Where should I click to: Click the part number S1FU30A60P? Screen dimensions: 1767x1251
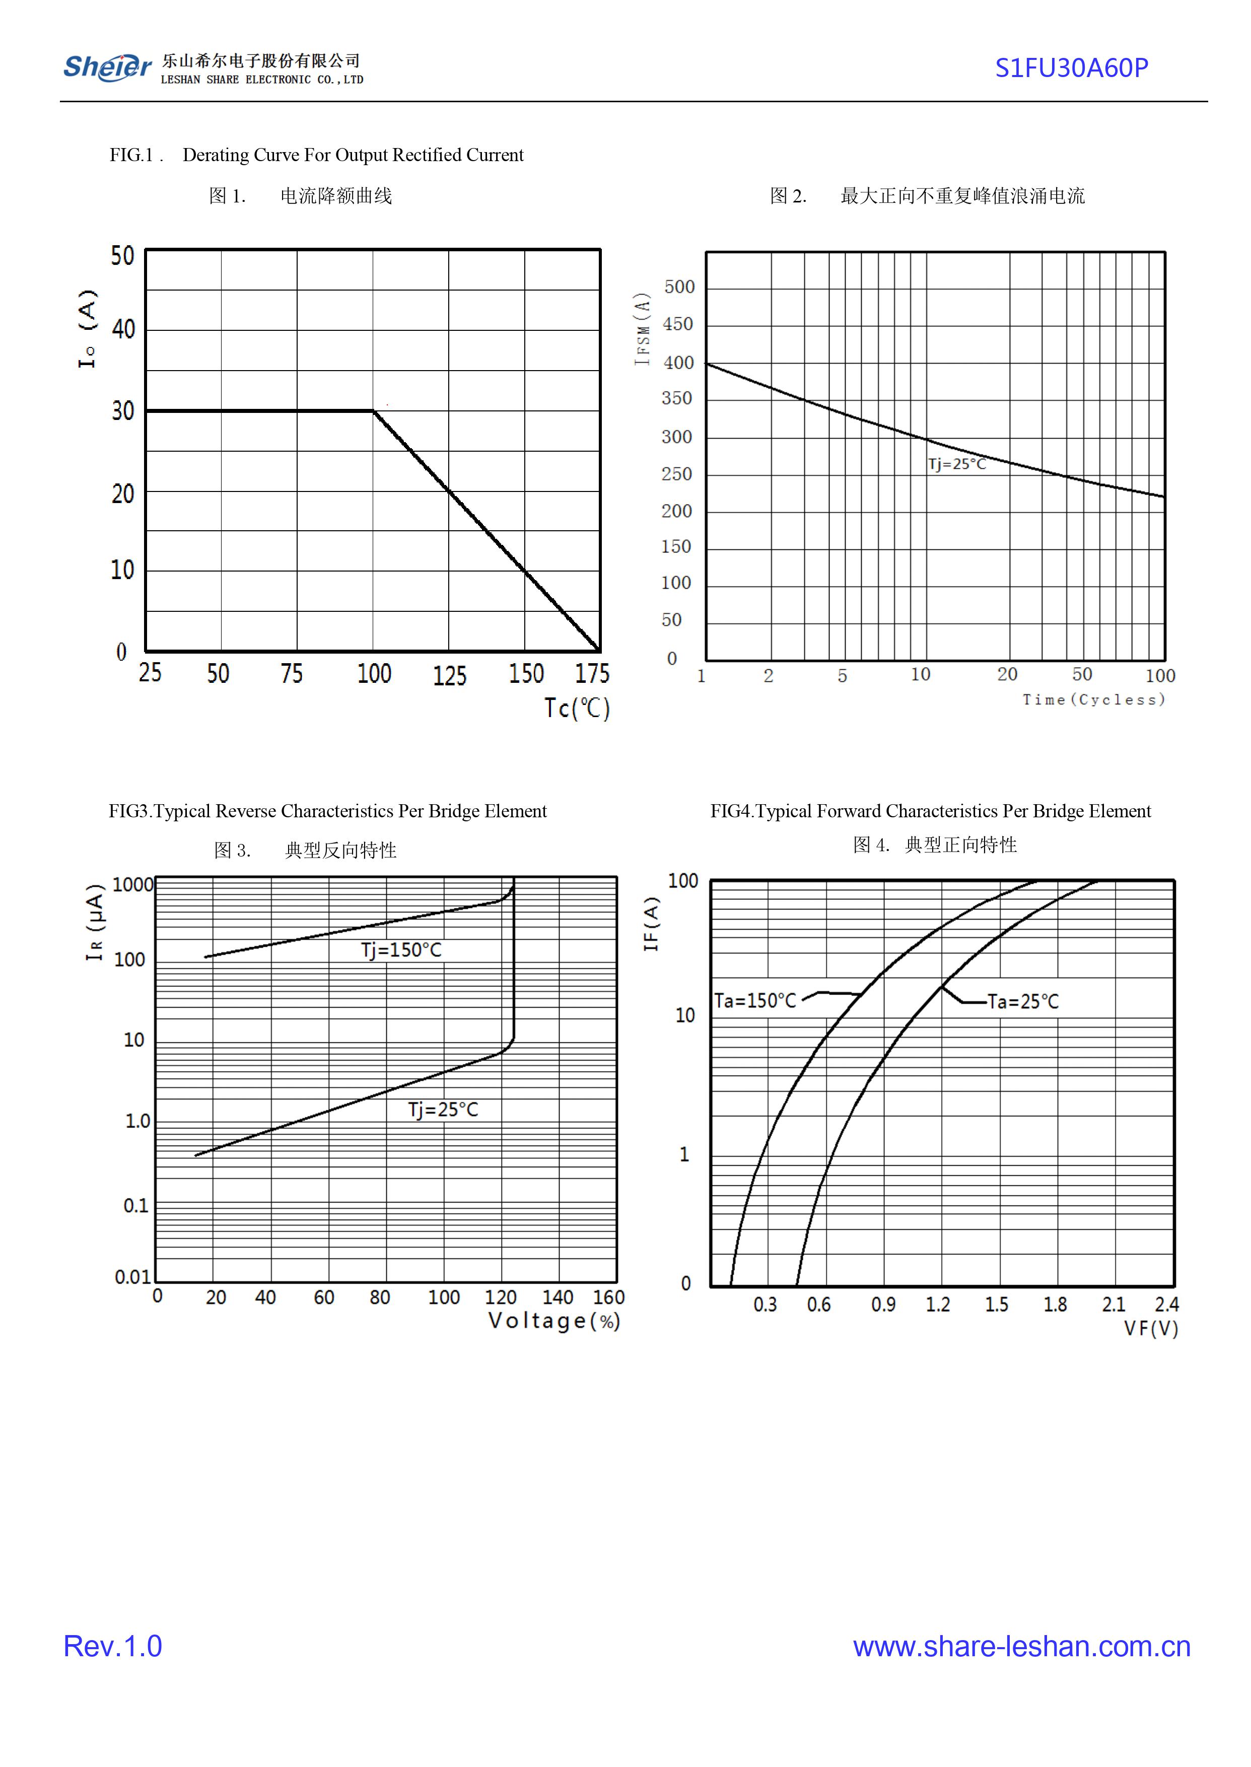point(1071,68)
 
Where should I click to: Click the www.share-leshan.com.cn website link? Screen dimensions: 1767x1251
point(1021,1646)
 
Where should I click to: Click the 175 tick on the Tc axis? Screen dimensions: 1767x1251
point(592,674)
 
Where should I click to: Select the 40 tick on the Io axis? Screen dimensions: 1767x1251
point(123,330)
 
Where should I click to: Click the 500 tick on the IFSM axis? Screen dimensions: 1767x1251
point(679,288)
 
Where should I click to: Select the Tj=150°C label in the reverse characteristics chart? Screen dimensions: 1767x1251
point(401,950)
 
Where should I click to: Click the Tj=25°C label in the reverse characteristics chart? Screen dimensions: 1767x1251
point(443,1109)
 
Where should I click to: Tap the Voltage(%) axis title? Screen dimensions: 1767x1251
point(554,1321)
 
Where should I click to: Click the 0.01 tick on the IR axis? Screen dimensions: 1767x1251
point(132,1277)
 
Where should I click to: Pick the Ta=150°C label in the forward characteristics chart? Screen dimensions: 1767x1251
point(755,1001)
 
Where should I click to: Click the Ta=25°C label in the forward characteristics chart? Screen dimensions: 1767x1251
point(1023,1002)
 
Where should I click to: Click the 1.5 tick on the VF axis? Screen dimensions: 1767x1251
point(996,1304)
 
